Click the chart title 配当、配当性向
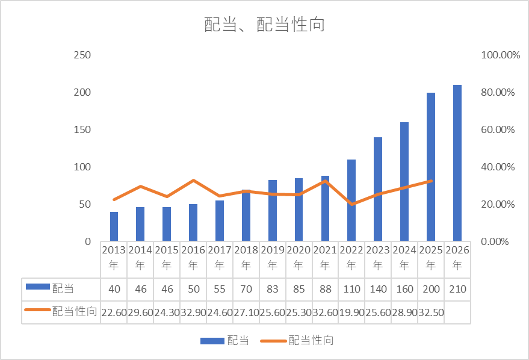(x=264, y=25)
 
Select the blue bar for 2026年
(x=457, y=163)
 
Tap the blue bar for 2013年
(x=114, y=226)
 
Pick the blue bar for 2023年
(x=378, y=189)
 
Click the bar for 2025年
(x=431, y=167)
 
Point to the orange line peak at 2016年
(x=193, y=180)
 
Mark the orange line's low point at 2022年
(x=351, y=204)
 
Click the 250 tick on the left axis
(x=82, y=55)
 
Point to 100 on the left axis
(x=82, y=167)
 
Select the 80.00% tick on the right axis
(x=500, y=92)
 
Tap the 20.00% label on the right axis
(x=500, y=204)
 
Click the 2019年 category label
(x=273, y=257)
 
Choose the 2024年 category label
(x=404, y=257)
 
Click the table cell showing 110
(x=351, y=289)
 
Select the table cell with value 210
(x=457, y=289)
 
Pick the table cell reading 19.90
(x=351, y=311)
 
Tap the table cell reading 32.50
(x=431, y=311)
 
